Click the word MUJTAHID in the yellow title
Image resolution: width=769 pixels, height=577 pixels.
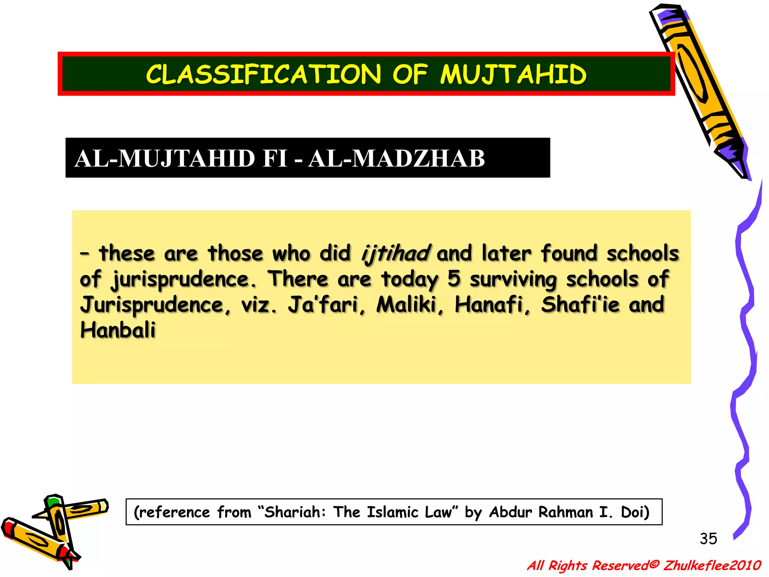pos(513,74)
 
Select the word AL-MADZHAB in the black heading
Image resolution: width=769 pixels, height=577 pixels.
pos(397,158)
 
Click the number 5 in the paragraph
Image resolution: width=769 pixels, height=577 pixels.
pos(454,279)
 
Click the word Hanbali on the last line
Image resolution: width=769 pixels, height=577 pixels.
pos(118,330)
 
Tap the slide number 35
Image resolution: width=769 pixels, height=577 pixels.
pos(708,539)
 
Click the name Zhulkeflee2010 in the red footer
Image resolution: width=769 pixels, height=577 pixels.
pos(712,565)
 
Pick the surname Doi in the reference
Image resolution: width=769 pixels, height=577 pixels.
pos(635,512)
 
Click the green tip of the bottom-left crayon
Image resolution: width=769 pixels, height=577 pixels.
pos(53,501)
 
